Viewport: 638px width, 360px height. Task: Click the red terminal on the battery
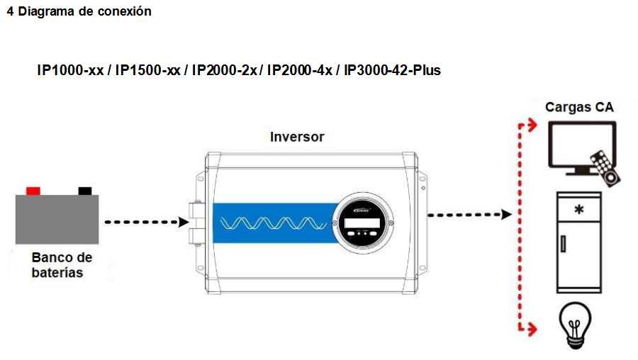pyautogui.click(x=33, y=190)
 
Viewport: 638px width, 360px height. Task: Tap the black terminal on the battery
pyautogui.click(x=85, y=190)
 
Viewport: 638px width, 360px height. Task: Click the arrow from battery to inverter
pyautogui.click(x=142, y=222)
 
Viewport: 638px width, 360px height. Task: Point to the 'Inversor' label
pyautogui.click(x=297, y=137)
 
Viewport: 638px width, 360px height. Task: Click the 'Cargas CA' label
pyautogui.click(x=579, y=108)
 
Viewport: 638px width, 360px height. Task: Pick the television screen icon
pyautogui.click(x=581, y=145)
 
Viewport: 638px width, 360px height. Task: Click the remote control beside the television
pyautogui.click(x=604, y=167)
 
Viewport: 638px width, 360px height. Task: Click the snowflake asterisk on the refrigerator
pyautogui.click(x=580, y=210)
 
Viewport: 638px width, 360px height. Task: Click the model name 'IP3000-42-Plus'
pyautogui.click(x=392, y=71)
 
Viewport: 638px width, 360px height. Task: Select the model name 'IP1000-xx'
pyautogui.click(x=70, y=71)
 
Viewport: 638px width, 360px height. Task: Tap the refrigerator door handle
pyautogui.click(x=564, y=243)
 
